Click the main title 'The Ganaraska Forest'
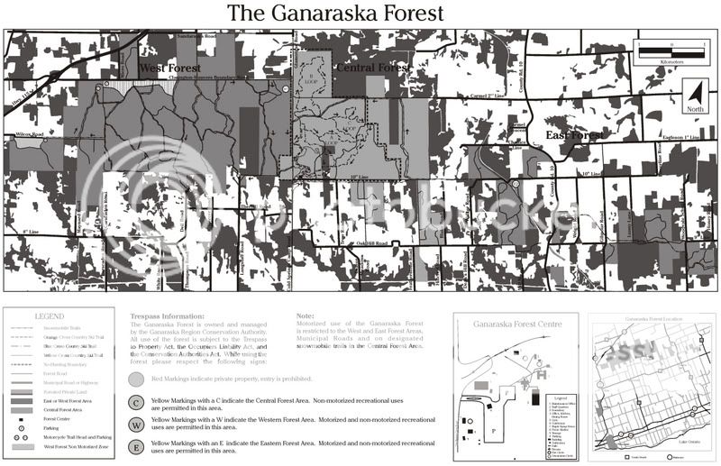[x=335, y=14]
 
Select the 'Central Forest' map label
[x=371, y=68]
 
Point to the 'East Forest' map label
[x=575, y=134]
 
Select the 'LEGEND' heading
[x=49, y=316]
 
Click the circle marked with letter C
[x=136, y=403]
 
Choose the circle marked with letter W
[x=136, y=424]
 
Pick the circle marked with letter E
[x=136, y=446]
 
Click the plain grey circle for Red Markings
[x=136, y=379]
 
